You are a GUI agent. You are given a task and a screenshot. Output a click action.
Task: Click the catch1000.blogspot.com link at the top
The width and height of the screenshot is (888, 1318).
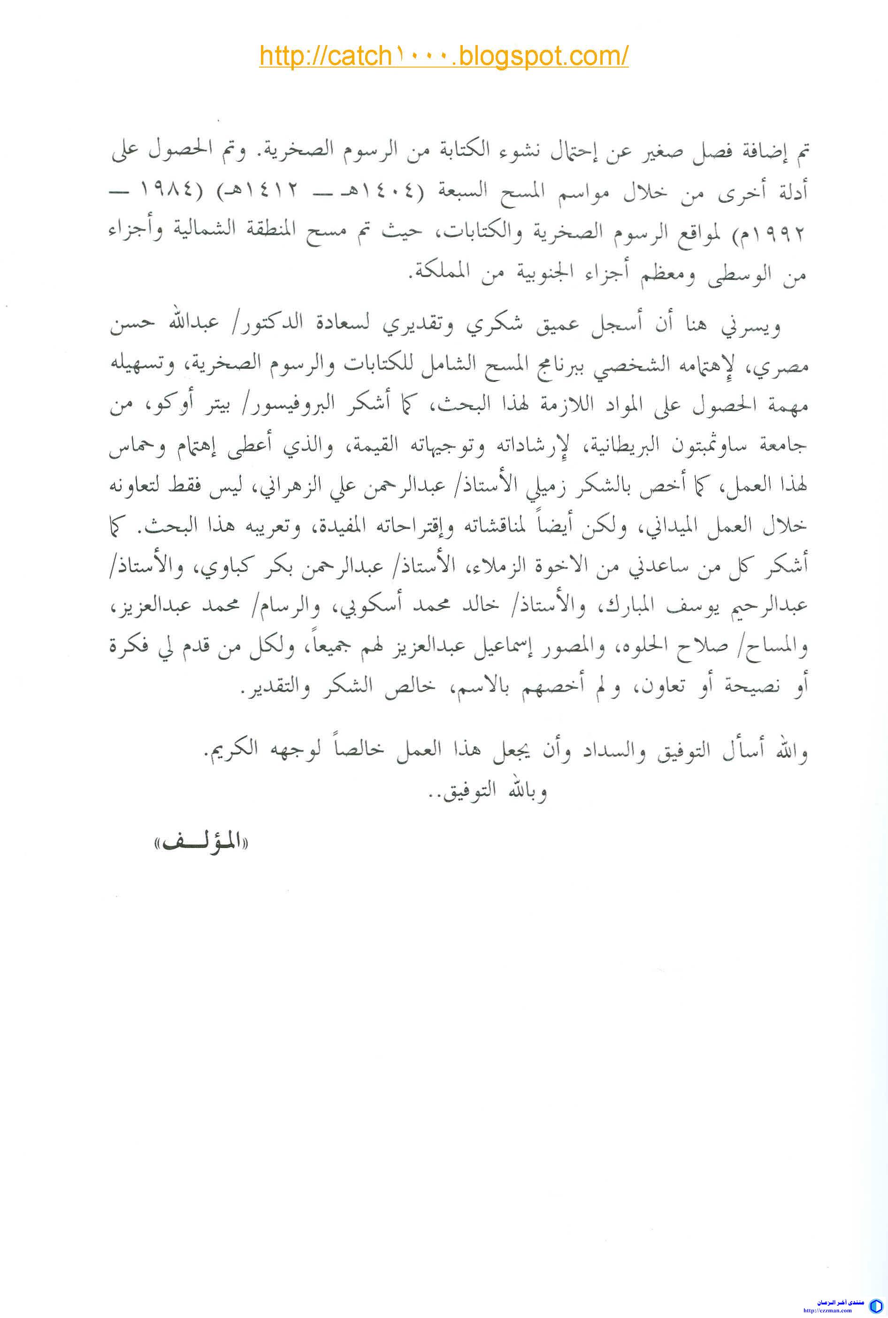click(444, 57)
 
